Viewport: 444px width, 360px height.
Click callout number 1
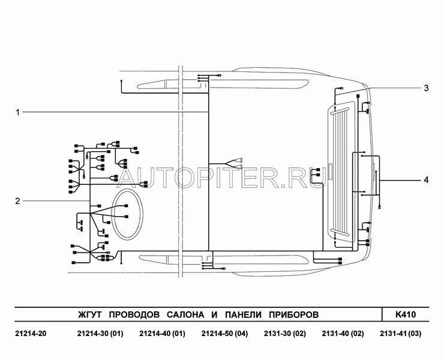(x=18, y=112)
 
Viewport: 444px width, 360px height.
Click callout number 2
(x=18, y=201)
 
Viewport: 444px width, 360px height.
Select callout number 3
(x=426, y=88)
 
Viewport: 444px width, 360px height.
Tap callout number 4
(x=426, y=180)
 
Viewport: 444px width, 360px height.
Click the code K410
(x=406, y=314)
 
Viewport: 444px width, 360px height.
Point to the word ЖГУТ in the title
(x=89, y=314)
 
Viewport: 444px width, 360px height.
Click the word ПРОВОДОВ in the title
(x=134, y=314)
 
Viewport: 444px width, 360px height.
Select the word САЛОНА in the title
(x=185, y=314)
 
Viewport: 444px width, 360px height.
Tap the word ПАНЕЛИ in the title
(x=243, y=314)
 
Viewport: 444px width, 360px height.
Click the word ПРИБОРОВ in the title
(x=293, y=314)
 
